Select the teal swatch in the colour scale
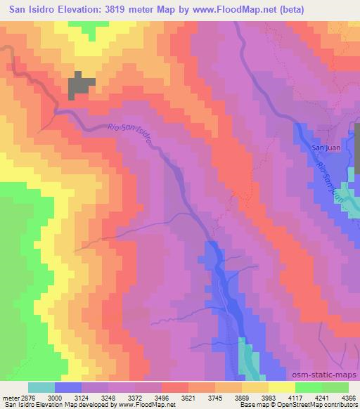41,387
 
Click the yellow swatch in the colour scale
281,387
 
